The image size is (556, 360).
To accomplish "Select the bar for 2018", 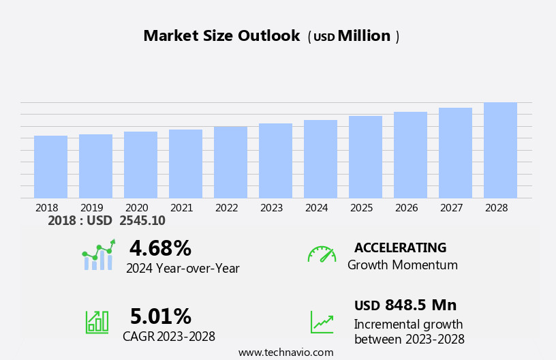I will (50, 167).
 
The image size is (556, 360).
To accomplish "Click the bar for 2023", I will (275, 161).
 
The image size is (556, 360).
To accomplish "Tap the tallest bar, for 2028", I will (500, 151).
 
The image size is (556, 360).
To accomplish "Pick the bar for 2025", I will (365, 157).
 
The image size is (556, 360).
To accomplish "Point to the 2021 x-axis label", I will (181, 208).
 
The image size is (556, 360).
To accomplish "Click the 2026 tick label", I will (406, 208).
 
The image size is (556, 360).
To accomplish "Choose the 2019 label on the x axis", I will (91, 208).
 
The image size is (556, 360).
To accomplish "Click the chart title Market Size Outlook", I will (221, 36).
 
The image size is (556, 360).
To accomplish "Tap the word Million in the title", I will (364, 36).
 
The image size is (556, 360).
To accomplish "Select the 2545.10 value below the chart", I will (142, 220).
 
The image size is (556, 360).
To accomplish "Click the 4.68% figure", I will (160, 248).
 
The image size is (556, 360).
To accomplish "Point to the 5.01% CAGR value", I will (160, 316).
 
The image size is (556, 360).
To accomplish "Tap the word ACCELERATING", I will (400, 248).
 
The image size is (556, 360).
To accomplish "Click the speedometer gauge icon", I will (322, 254).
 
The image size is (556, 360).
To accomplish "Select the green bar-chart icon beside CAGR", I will (97, 321).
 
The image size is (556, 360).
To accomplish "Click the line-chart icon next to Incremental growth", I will (322, 322).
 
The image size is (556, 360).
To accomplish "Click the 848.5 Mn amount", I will (420, 305).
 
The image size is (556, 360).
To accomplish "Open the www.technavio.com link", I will (285, 352).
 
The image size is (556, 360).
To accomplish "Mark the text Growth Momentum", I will (402, 265).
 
